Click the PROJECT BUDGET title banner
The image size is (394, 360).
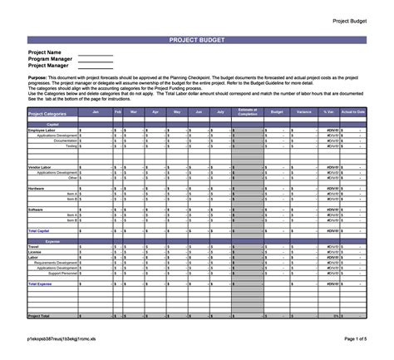[196, 39]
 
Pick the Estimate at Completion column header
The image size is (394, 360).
[247, 111]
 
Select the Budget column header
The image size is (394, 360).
[277, 111]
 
